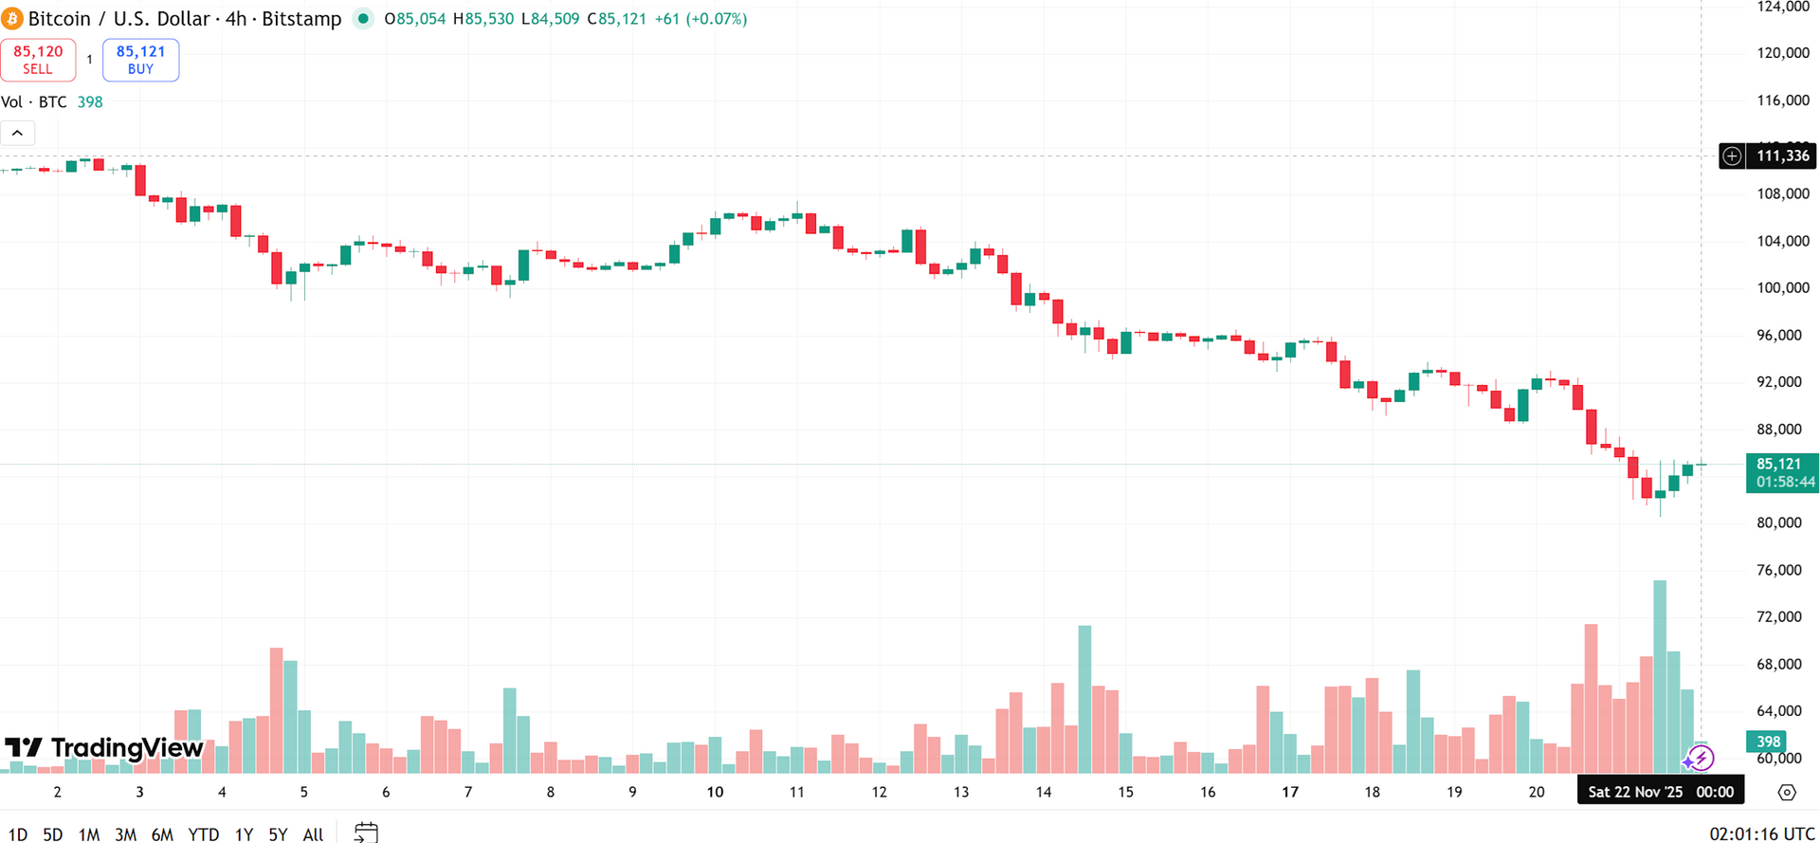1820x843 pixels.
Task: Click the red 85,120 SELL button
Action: click(x=38, y=60)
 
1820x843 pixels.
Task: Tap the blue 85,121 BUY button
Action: click(x=140, y=60)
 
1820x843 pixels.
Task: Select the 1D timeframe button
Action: click(x=17, y=834)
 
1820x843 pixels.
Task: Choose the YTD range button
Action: click(x=203, y=834)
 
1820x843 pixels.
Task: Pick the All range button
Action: click(x=313, y=834)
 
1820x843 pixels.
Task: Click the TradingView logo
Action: click(x=104, y=748)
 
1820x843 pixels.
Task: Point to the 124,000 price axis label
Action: click(x=1782, y=7)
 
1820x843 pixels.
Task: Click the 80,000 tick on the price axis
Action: click(x=1778, y=522)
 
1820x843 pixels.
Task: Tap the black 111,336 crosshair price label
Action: click(x=1781, y=156)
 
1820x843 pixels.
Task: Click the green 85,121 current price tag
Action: click(x=1781, y=472)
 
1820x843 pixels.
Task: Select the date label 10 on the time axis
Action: click(x=715, y=792)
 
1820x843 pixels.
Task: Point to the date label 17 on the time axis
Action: click(x=1290, y=792)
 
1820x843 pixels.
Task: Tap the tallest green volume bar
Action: click(x=1660, y=675)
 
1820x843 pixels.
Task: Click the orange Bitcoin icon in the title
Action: click(x=12, y=19)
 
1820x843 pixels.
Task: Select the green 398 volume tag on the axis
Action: click(x=1767, y=742)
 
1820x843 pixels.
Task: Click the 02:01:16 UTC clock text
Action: click(x=1761, y=834)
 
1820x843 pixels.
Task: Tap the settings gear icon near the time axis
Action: click(x=1787, y=792)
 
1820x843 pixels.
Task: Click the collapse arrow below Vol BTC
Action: click(x=17, y=134)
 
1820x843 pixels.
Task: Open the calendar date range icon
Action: click(x=366, y=834)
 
